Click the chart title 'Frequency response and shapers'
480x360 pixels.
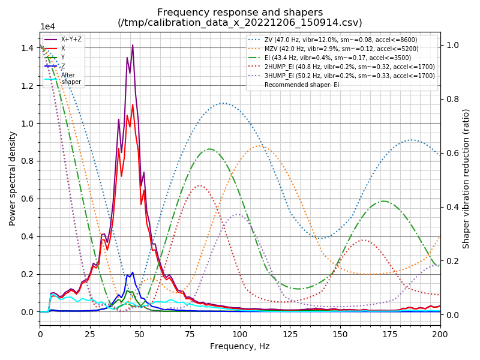click(x=240, y=12)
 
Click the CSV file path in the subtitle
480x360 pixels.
click(x=240, y=23)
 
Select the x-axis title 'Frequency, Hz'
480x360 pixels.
click(x=240, y=346)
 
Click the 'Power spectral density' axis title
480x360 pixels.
click(x=13, y=180)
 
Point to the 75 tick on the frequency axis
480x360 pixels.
click(x=190, y=334)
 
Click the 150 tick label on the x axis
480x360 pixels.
click(x=340, y=334)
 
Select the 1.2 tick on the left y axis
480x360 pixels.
click(x=27, y=86)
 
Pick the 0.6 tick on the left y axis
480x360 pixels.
click(x=27, y=199)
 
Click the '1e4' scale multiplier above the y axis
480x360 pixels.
click(x=47, y=27)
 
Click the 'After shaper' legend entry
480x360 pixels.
click(x=71, y=79)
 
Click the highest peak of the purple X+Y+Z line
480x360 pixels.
click(x=133, y=45)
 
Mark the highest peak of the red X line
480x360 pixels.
click(x=133, y=105)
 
